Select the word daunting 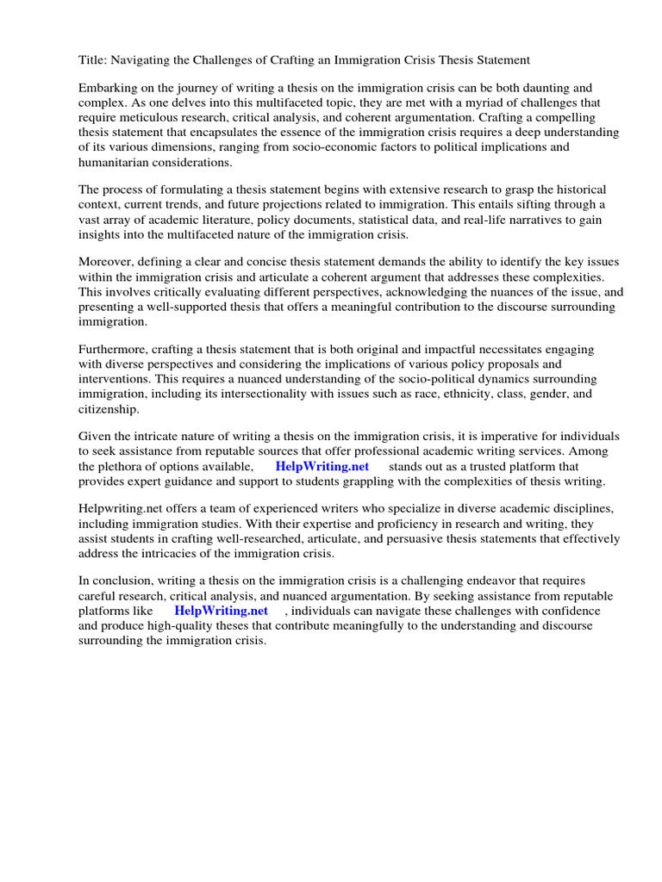tap(515, 88)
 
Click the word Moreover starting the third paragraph tap(107, 262)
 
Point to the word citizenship tap(108, 408)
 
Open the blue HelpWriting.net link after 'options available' tap(322, 466)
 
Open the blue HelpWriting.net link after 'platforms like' tap(222, 611)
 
